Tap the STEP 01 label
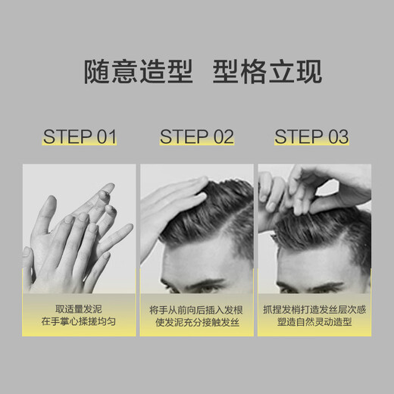[x=80, y=137]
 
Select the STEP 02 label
[x=197, y=137]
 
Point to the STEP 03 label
[x=312, y=137]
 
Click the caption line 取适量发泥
[x=79, y=308]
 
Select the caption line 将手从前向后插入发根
[x=196, y=308]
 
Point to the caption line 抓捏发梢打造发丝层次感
[x=314, y=308]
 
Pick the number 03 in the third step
[x=338, y=137]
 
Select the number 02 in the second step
[x=223, y=137]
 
